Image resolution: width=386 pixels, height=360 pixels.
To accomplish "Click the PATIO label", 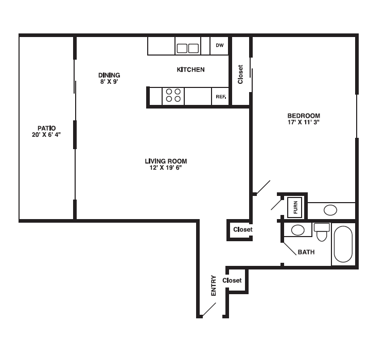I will (x=46, y=128).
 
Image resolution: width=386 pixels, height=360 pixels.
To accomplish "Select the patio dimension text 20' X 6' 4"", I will (x=46, y=135).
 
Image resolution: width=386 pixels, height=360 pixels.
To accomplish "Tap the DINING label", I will (x=109, y=75).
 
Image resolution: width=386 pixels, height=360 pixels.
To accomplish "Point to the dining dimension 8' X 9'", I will (x=109, y=81).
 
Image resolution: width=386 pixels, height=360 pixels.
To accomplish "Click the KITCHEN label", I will (x=190, y=69).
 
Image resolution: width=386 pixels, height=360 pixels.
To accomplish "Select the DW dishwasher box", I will (x=220, y=46).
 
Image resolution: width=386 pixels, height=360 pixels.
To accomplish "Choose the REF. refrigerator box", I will (x=220, y=96).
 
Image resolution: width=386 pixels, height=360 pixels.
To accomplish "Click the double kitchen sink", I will (x=188, y=48).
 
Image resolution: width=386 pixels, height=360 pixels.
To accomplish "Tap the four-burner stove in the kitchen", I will (x=173, y=96).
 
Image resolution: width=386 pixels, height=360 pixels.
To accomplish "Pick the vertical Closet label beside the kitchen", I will (x=240, y=74).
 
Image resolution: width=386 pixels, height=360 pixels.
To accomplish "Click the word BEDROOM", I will (x=304, y=116).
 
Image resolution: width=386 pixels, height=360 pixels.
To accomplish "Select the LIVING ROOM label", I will (x=166, y=161).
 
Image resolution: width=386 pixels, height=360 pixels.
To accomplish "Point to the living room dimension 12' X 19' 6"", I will (x=166, y=168).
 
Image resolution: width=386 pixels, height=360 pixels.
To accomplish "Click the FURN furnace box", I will (x=295, y=207).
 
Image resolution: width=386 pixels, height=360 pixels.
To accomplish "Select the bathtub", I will (x=343, y=245).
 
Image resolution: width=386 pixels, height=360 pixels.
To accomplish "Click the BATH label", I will (x=306, y=252).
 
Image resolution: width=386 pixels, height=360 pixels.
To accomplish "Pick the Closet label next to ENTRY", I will (x=232, y=280).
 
